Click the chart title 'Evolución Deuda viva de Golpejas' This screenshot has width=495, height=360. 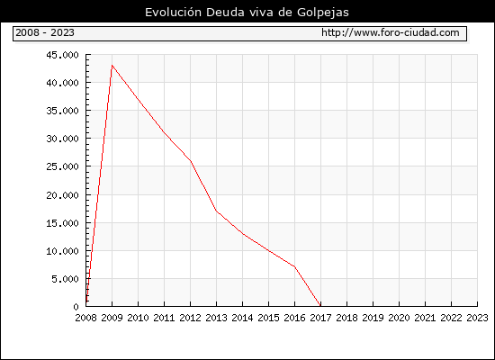point(247,13)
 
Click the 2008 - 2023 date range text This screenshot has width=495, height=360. point(45,32)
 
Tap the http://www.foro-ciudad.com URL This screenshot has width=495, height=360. point(391,32)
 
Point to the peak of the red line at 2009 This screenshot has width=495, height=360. point(112,66)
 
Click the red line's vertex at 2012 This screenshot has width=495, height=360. point(191,161)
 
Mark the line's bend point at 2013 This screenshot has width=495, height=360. point(217,211)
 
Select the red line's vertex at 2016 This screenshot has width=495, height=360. point(295,266)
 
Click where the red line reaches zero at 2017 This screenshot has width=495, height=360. point(320,306)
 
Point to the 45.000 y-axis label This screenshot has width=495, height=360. point(62,55)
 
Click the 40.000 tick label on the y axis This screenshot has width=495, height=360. point(62,83)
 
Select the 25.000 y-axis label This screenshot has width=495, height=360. point(62,166)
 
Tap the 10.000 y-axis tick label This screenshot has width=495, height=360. point(62,251)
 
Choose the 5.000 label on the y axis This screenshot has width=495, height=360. point(66,279)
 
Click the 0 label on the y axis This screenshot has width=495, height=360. point(76,307)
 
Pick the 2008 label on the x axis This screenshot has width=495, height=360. point(85,318)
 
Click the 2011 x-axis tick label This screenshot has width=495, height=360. point(164,318)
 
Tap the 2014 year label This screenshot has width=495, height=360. point(242,318)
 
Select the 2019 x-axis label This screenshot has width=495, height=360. point(373,318)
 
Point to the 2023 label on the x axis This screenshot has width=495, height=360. point(477,318)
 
